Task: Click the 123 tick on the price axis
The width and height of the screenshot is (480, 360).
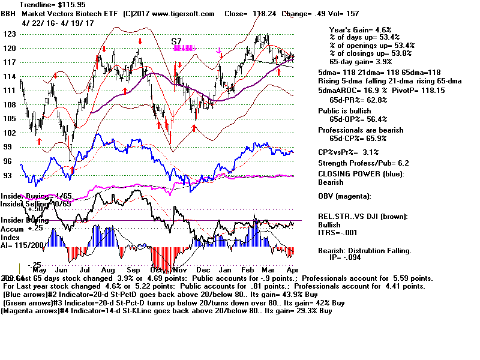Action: pyautogui.click(x=8, y=34)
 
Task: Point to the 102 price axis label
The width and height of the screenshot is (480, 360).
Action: pyautogui.click(x=8, y=133)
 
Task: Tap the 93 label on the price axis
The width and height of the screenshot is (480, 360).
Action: pyautogui.click(x=8, y=175)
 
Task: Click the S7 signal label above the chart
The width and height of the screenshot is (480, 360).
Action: pyautogui.click(x=176, y=41)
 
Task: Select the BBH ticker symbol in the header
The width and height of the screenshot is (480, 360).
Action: pyautogui.click(x=10, y=12)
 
